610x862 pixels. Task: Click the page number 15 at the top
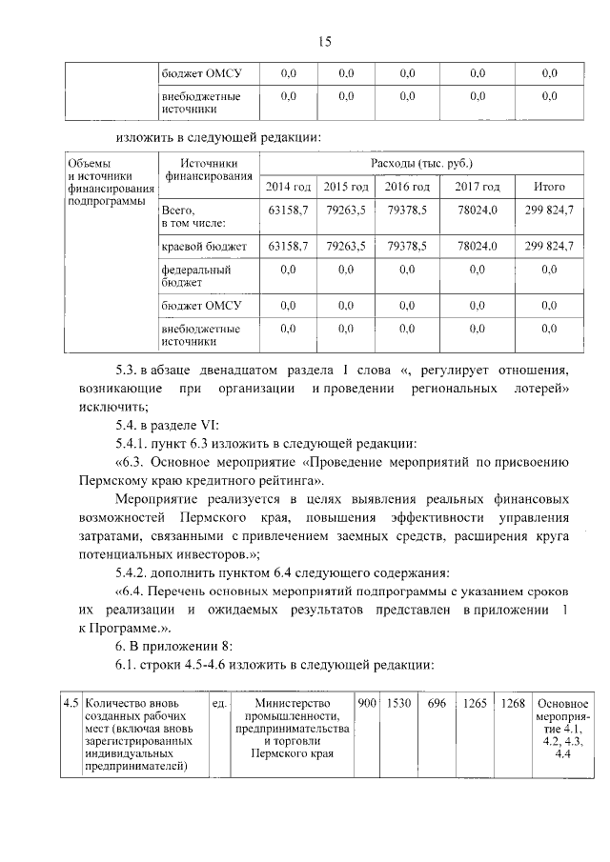[324, 41]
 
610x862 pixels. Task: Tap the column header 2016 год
[407, 187]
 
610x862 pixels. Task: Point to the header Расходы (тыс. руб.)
[420, 163]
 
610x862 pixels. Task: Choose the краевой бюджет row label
[204, 247]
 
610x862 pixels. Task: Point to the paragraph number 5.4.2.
[134, 571]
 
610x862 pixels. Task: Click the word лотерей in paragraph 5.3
[541, 389]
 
